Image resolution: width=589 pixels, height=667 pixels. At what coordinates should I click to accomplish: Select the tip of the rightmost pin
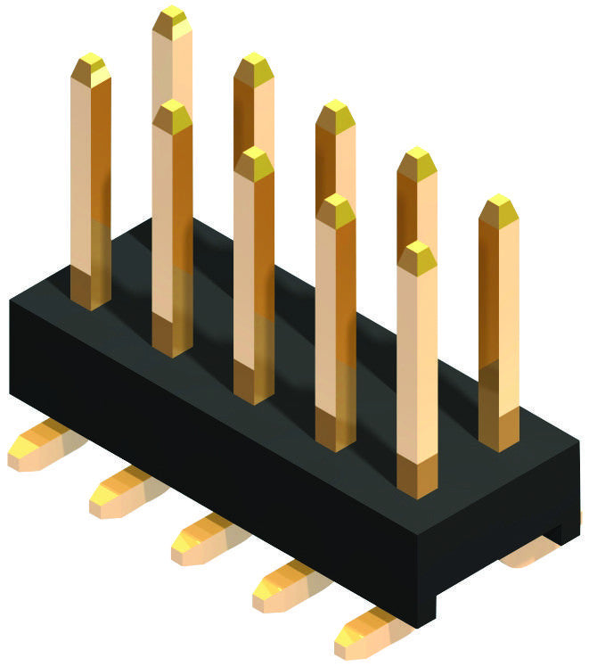point(499,205)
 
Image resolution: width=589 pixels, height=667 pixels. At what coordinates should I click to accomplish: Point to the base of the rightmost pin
point(499,437)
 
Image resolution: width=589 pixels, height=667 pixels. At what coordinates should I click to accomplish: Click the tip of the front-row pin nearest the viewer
point(417,252)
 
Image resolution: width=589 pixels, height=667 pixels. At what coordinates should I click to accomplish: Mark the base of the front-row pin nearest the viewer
point(417,482)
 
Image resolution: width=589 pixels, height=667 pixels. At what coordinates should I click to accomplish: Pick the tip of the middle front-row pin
point(254,159)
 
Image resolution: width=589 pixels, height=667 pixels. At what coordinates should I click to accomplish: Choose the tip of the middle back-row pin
point(335,111)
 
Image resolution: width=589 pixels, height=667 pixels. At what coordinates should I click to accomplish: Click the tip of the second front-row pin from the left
point(172,111)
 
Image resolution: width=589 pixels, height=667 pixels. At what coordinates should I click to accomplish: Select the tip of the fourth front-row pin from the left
point(336,206)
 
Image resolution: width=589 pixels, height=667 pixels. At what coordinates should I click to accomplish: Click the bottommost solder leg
point(365,635)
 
